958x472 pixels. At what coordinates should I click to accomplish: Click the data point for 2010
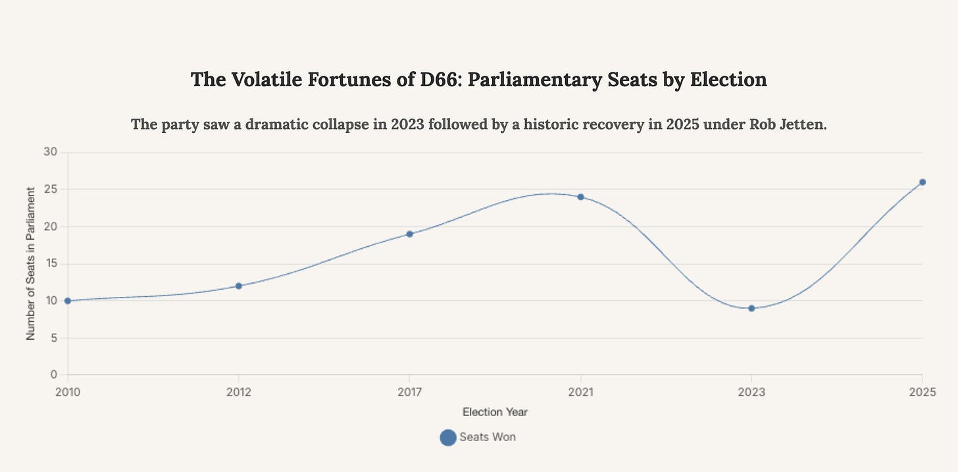pyautogui.click(x=68, y=301)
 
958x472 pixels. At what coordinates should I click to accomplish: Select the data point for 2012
pyautogui.click(x=239, y=286)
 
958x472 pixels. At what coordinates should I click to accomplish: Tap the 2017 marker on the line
pyautogui.click(x=409, y=234)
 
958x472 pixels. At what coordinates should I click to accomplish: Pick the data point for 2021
pyautogui.click(x=580, y=197)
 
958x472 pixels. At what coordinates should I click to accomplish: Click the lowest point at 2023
pyautogui.click(x=751, y=308)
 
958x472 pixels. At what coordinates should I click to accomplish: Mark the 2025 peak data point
pyautogui.click(x=922, y=182)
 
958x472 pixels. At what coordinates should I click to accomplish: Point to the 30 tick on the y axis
pyautogui.click(x=51, y=152)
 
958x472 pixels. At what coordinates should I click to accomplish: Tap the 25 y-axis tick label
pyautogui.click(x=51, y=190)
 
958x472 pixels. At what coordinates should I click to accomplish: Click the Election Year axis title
pyautogui.click(x=495, y=412)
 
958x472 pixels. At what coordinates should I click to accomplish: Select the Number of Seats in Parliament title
pyautogui.click(x=30, y=263)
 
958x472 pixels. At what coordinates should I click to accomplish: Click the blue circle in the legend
pyautogui.click(x=447, y=437)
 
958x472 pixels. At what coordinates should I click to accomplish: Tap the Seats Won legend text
pyautogui.click(x=487, y=437)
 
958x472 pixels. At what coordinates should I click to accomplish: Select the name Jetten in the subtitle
pyautogui.click(x=802, y=124)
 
